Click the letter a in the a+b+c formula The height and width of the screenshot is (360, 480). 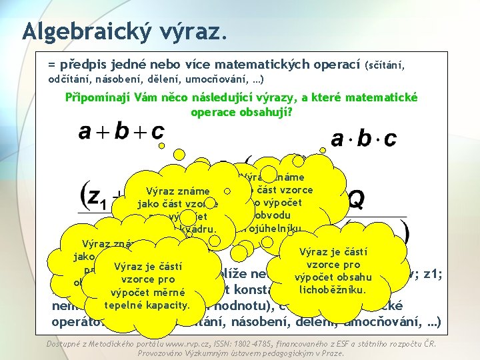(85, 132)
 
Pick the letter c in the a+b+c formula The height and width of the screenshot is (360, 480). (157, 132)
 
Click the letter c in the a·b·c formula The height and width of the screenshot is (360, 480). (390, 139)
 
